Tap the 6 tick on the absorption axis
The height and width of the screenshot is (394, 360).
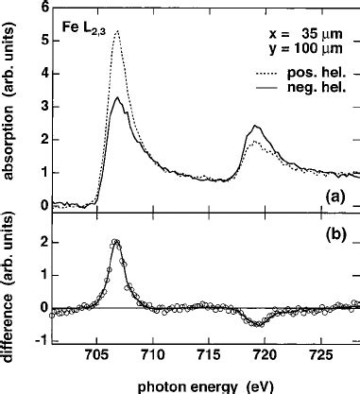(x=35, y=8)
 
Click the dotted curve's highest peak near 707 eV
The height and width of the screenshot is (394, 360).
(x=116, y=31)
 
